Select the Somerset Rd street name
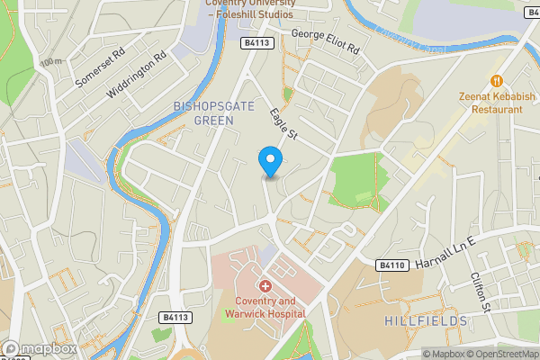[x=100, y=67]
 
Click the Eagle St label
[x=283, y=124]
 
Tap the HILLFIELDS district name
[x=426, y=320]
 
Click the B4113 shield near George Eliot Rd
[x=256, y=42]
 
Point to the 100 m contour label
[x=51, y=62]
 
